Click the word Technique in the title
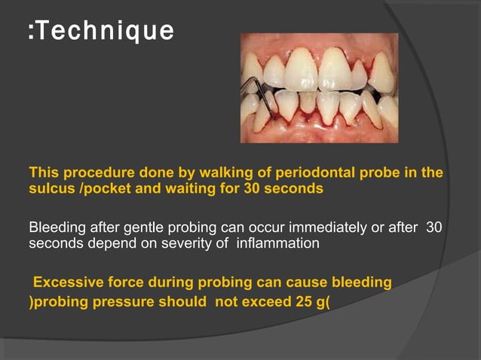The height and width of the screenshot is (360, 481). pyautogui.click(x=105, y=31)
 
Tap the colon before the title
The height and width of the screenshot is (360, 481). pyautogui.click(x=31, y=32)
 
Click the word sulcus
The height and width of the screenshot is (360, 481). pyautogui.click(x=50, y=188)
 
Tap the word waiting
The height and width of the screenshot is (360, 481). pyautogui.click(x=193, y=188)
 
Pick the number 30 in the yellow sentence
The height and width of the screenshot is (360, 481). pyautogui.click(x=253, y=188)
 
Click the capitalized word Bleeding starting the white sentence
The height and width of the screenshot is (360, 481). pyautogui.click(x=56, y=228)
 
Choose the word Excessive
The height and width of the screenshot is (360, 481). pyautogui.click(x=67, y=283)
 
